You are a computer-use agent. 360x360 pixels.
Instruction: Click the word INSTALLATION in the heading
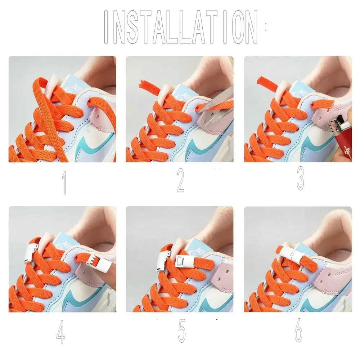pos(181,27)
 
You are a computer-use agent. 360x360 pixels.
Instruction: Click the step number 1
pos(64,182)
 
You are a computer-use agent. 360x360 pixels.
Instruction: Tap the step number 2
pos(181,180)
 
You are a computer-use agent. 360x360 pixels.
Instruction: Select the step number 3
pos(301,179)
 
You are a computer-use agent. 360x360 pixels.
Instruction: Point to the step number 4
pos(60,332)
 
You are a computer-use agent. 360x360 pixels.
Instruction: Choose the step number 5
pos(181,330)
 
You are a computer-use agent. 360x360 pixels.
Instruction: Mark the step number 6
pos(298,330)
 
